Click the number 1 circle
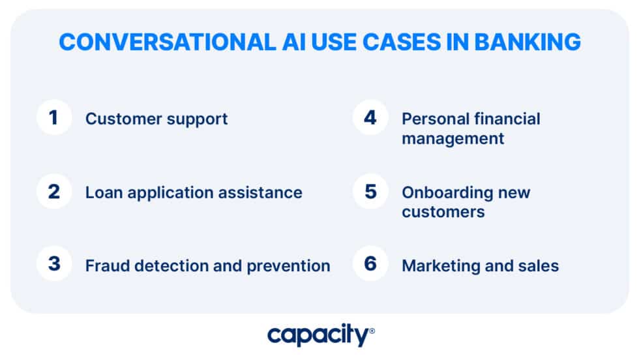pos(53,118)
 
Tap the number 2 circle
pos(53,192)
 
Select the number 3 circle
pos(53,265)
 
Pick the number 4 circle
pos(370,118)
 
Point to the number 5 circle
pos(370,192)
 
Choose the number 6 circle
pos(370,265)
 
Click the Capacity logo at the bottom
pos(318,336)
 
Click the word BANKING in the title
pos(527,42)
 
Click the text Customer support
pos(156,119)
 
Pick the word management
pos(453,138)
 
